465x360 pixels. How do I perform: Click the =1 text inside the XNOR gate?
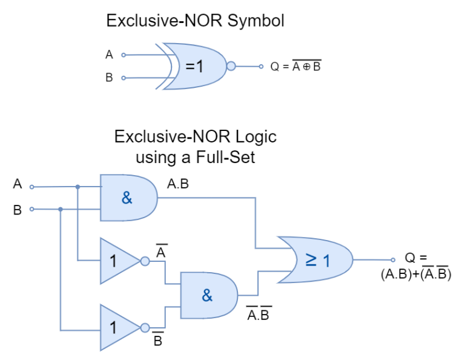pyautogui.click(x=194, y=66)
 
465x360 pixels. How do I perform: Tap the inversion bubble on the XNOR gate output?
pyautogui.click(x=231, y=66)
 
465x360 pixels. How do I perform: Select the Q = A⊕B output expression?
pyautogui.click(x=295, y=66)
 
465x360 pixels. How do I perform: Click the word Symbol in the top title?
pyautogui.click(x=256, y=21)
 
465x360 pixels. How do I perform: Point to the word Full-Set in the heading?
pyautogui.click(x=225, y=157)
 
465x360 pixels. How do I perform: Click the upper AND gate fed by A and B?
pyautogui.click(x=129, y=198)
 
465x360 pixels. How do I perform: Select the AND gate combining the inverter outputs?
pyautogui.click(x=209, y=296)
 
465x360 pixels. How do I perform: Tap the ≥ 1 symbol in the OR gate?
pyautogui.click(x=318, y=260)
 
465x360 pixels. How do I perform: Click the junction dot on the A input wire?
pyautogui.click(x=77, y=187)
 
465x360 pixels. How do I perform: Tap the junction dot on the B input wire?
pyautogui.click(x=61, y=209)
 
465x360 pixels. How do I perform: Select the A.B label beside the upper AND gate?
pyautogui.click(x=178, y=184)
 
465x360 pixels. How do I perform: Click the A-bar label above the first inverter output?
pyautogui.click(x=161, y=251)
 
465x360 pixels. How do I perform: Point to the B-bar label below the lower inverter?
pyautogui.click(x=158, y=339)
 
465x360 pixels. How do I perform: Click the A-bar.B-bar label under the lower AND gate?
pyautogui.click(x=259, y=313)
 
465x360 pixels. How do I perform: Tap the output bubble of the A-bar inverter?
pyautogui.click(x=145, y=261)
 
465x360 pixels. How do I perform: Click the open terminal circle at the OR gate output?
pyautogui.click(x=393, y=260)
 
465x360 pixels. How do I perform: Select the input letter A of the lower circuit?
pyautogui.click(x=18, y=184)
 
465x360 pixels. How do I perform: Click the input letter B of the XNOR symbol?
pyautogui.click(x=109, y=78)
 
